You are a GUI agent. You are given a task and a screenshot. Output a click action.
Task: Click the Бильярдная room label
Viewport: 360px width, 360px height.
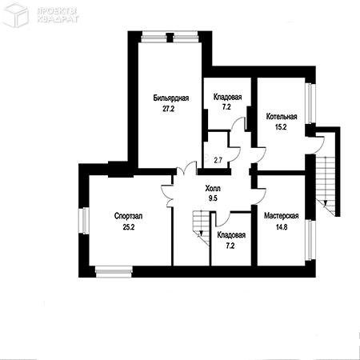171,98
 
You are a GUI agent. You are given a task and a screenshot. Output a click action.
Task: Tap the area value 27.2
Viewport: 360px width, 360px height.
168,109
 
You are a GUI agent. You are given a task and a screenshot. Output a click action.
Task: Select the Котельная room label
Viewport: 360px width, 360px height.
282,117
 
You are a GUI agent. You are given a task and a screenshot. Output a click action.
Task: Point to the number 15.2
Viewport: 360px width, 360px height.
281,127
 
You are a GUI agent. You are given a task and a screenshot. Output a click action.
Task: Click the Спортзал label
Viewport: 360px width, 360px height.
128,216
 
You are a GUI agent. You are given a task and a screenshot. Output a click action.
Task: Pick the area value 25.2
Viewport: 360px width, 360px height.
129,227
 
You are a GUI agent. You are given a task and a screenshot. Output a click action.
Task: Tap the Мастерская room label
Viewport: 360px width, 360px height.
282,216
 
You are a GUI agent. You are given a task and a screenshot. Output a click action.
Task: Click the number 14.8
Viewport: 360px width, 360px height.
282,227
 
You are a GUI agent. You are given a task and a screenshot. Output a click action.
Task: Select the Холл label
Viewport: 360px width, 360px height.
213,189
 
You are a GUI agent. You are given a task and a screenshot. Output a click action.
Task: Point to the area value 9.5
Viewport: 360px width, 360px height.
213,198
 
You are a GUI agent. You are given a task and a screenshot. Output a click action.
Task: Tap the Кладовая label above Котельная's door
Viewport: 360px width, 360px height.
227,97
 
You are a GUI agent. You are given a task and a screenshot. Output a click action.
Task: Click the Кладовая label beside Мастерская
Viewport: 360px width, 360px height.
231,235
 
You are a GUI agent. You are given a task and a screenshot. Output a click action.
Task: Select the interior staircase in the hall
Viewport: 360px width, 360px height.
202,227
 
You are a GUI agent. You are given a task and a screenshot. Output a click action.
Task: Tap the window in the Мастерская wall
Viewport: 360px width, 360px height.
310,240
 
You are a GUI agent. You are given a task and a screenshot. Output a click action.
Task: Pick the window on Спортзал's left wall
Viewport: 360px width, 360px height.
84,220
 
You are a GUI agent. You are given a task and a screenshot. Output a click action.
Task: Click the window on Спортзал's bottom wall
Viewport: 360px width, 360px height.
114,271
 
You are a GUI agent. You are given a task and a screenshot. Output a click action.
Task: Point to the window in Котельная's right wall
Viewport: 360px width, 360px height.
310,103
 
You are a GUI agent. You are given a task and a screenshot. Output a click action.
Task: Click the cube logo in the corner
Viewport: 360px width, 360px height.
15,14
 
